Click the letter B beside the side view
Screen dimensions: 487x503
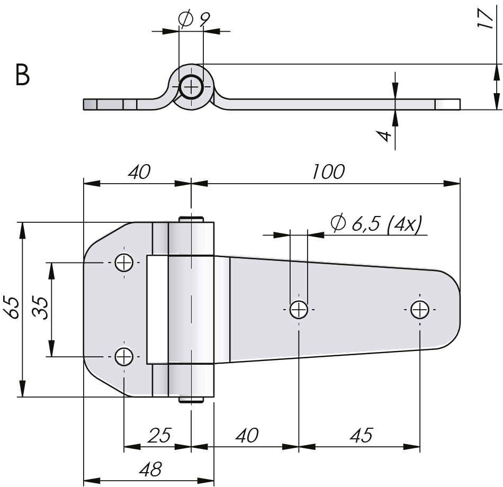(23, 76)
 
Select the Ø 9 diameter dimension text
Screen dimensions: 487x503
(194, 20)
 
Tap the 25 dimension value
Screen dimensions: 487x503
(159, 436)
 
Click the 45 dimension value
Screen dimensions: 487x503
(360, 436)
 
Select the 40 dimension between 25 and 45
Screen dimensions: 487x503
(246, 436)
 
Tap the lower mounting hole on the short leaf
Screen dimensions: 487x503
(124, 357)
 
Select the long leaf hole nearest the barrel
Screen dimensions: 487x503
(299, 309)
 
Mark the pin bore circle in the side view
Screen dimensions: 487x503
(191, 87)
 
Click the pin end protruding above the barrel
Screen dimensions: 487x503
(192, 218)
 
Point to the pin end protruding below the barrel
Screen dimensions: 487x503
(192, 400)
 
